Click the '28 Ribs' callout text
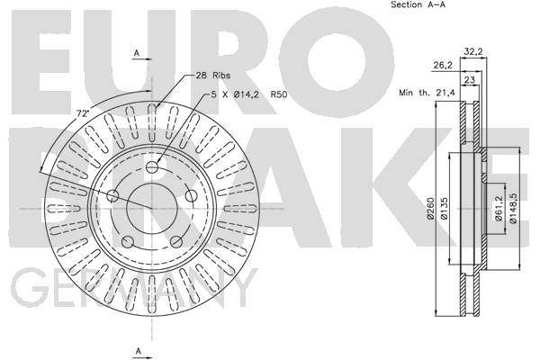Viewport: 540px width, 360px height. click(x=212, y=76)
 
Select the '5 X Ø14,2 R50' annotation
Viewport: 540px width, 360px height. click(x=249, y=94)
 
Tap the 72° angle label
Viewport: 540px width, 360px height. click(x=83, y=114)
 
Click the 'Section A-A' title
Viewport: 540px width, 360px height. click(x=418, y=4)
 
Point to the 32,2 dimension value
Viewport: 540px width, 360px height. click(x=473, y=51)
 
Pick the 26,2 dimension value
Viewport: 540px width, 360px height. click(x=442, y=65)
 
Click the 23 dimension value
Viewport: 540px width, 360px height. click(x=470, y=80)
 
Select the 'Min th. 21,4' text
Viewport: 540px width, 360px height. click(x=427, y=93)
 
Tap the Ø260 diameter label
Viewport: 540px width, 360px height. click(x=430, y=209)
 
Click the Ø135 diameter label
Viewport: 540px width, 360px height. click(x=444, y=209)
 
